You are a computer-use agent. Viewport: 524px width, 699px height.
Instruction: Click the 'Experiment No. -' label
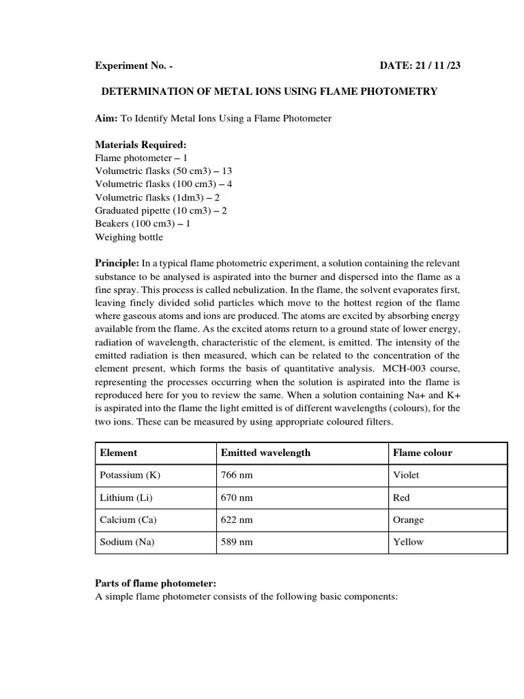pyautogui.click(x=133, y=66)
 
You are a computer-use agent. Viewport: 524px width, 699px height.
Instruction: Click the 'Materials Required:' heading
pyautogui.click(x=140, y=145)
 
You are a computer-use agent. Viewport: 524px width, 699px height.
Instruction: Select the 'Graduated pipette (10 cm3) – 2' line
pyautogui.click(x=161, y=210)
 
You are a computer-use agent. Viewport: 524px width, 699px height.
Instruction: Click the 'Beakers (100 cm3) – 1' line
pyautogui.click(x=143, y=223)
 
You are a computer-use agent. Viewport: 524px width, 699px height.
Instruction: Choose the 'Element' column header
pyautogui.click(x=119, y=453)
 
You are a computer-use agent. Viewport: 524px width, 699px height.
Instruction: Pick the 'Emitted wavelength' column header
pyautogui.click(x=265, y=453)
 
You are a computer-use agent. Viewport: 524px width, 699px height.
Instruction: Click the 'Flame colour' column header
pyautogui.click(x=422, y=453)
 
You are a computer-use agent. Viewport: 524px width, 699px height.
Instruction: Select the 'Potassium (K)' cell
pyautogui.click(x=130, y=475)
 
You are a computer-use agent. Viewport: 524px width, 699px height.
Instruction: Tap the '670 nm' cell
pyautogui.click(x=236, y=498)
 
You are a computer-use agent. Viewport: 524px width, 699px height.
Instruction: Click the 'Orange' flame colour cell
pyautogui.click(x=408, y=519)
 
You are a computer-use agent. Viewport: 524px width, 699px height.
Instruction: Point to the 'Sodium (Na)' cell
pyautogui.click(x=127, y=542)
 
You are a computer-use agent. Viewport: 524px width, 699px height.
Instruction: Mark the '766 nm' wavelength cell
pyautogui.click(x=236, y=475)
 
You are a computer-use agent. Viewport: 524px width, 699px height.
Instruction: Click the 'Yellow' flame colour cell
pyautogui.click(x=408, y=542)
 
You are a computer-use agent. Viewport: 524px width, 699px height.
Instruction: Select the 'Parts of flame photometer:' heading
pyautogui.click(x=155, y=583)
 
